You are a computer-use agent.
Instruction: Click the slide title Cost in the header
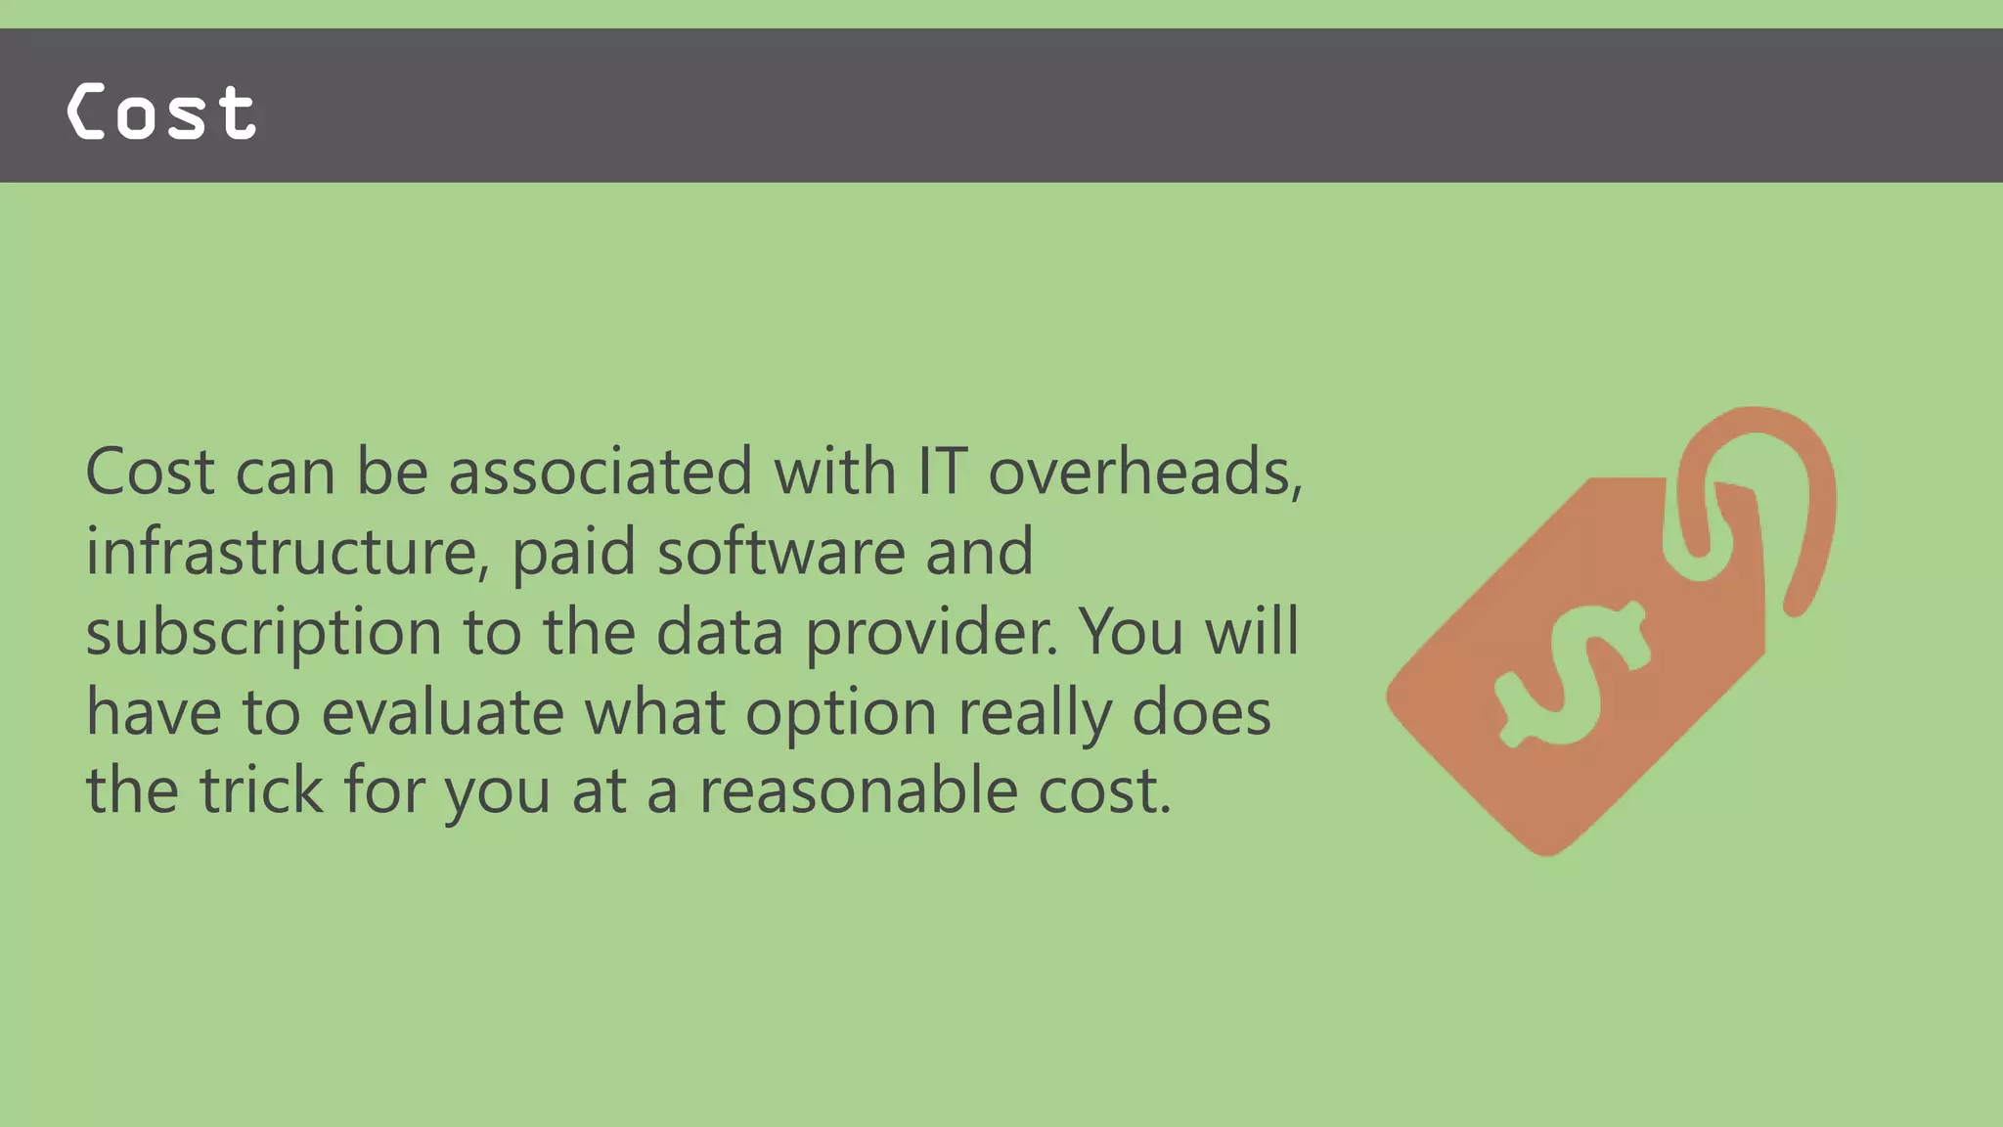(x=162, y=112)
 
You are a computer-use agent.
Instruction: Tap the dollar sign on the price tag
(x=1573, y=675)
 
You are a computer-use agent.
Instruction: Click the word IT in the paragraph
(x=943, y=472)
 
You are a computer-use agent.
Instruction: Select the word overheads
(x=1145, y=472)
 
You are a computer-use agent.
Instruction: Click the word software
(x=780, y=552)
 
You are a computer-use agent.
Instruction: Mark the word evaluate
(x=442, y=712)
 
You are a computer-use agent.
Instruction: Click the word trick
(x=261, y=790)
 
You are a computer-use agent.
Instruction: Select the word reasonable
(x=858, y=790)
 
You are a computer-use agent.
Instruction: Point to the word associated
(x=601, y=472)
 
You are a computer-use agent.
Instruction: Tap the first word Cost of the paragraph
(x=150, y=472)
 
